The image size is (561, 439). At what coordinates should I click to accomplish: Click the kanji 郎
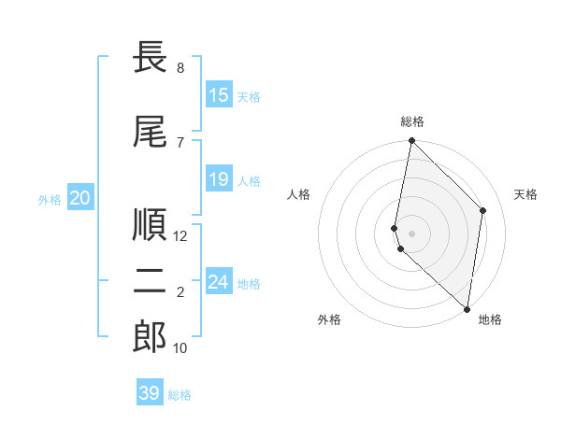(x=150, y=338)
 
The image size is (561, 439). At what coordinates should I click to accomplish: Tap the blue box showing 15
(x=219, y=95)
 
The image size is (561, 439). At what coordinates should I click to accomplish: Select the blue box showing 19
(x=219, y=179)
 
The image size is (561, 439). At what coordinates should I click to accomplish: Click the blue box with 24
(x=219, y=282)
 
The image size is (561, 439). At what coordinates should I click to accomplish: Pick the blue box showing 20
(x=80, y=197)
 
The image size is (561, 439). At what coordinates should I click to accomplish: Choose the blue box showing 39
(x=150, y=393)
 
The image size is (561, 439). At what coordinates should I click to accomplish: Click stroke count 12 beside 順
(x=180, y=236)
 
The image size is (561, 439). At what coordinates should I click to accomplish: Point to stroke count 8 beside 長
(x=180, y=68)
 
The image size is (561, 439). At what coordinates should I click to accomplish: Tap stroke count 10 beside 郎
(x=180, y=348)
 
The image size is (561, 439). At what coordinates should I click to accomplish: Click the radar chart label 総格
(x=412, y=121)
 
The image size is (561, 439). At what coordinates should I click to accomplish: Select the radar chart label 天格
(x=525, y=194)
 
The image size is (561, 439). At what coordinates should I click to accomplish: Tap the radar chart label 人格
(x=298, y=194)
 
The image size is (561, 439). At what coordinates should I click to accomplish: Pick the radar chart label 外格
(x=329, y=319)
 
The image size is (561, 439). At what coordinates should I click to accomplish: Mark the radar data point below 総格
(x=411, y=141)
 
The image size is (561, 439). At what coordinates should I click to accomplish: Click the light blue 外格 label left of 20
(x=50, y=199)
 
